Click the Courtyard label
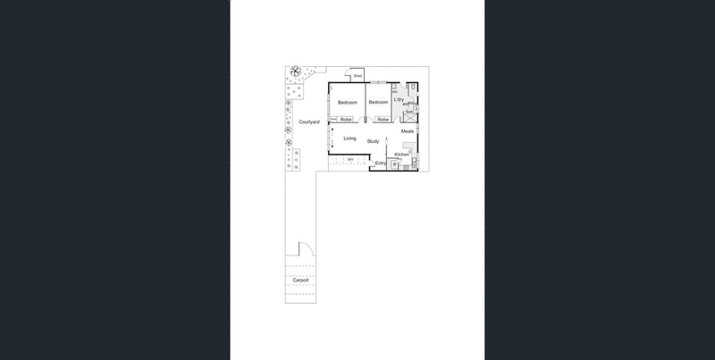click(x=309, y=121)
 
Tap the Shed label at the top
click(x=357, y=77)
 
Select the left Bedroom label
click(x=348, y=103)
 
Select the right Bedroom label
click(x=378, y=103)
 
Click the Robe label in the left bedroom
click(x=345, y=120)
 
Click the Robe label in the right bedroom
click(x=382, y=120)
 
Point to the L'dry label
click(x=400, y=99)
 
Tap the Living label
click(x=349, y=138)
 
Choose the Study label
click(x=374, y=142)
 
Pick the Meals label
click(x=407, y=132)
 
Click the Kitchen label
click(x=402, y=155)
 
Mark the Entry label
click(x=381, y=163)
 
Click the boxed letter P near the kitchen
click(x=394, y=165)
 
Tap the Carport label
click(x=300, y=280)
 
